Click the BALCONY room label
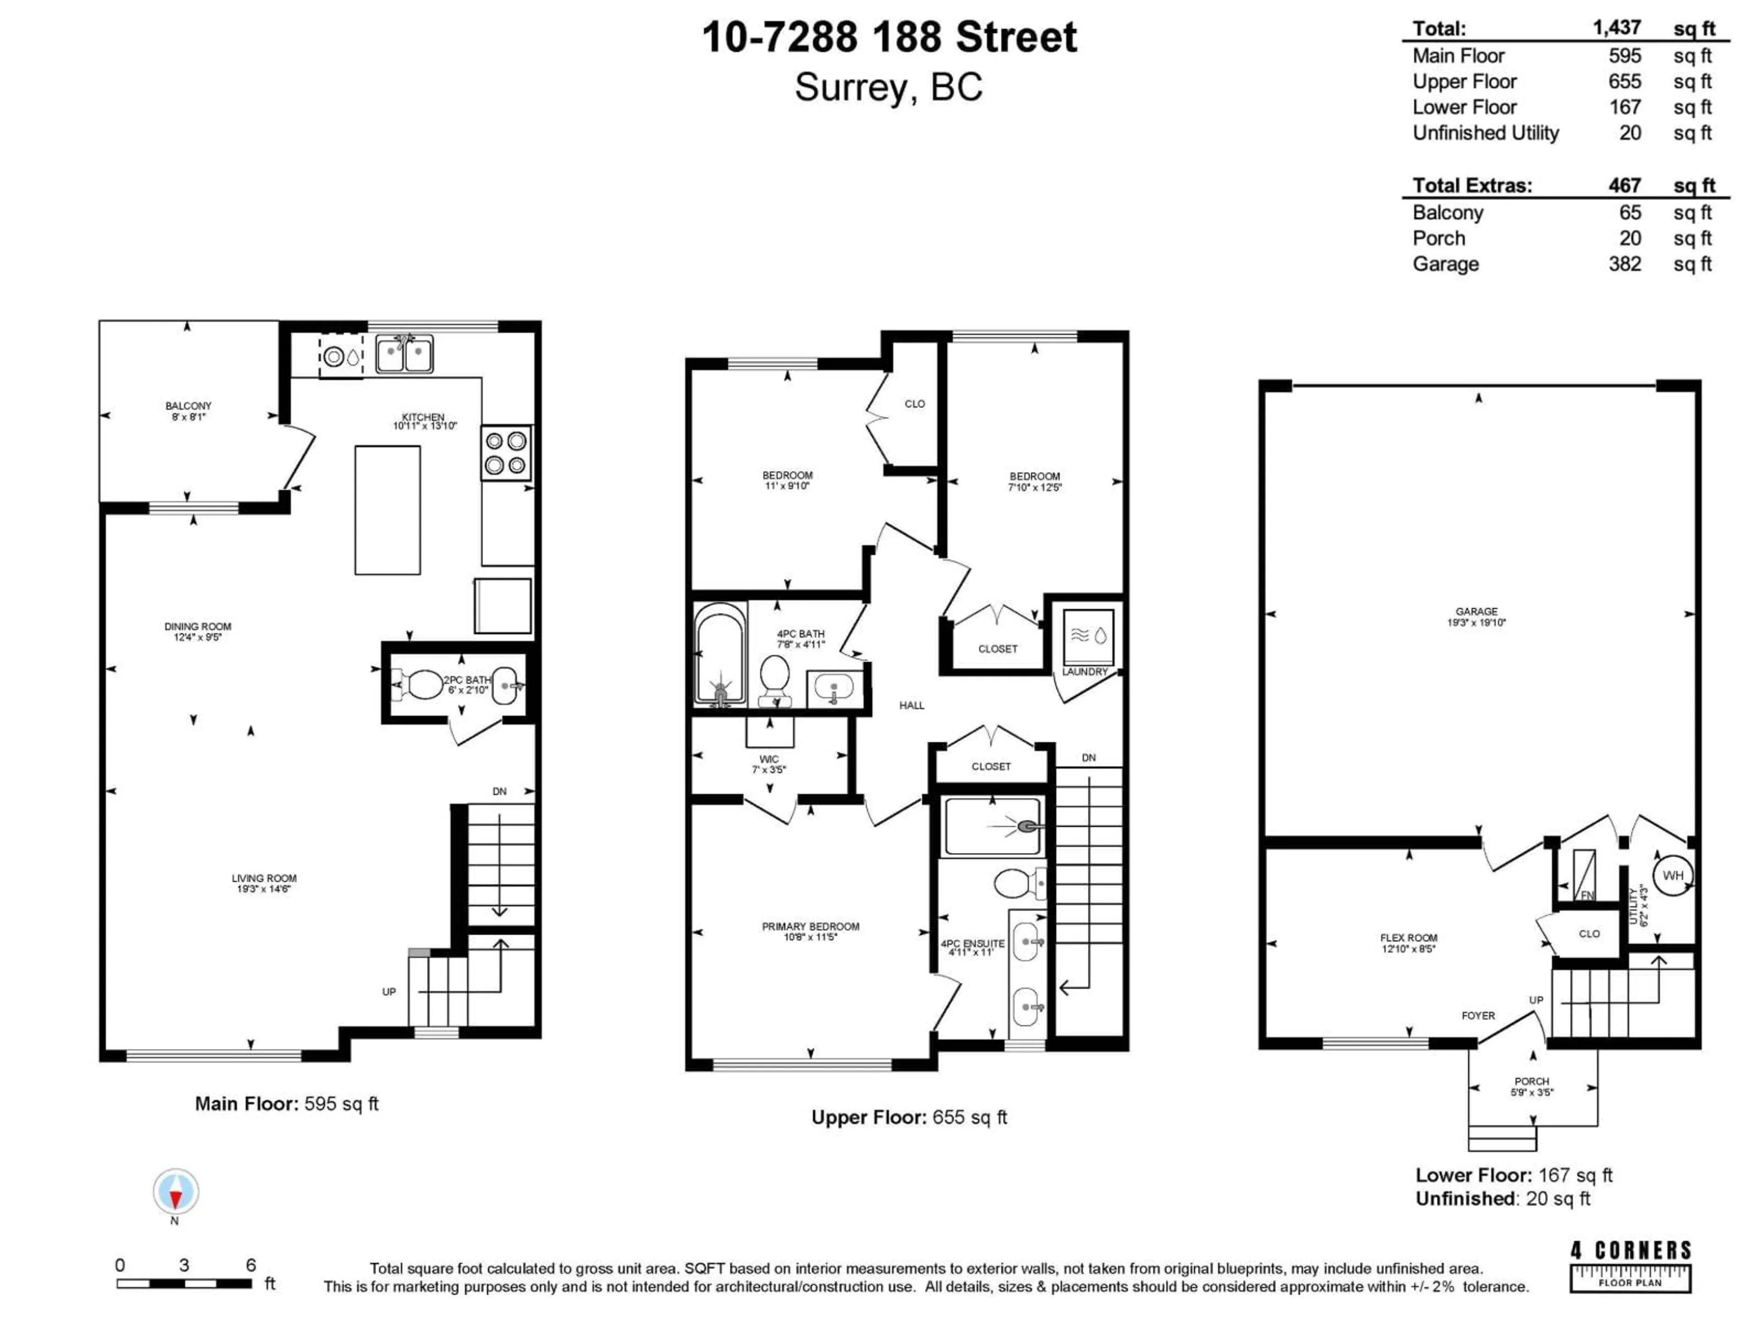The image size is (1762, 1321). [189, 406]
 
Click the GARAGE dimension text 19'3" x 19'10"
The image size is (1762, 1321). [1476, 623]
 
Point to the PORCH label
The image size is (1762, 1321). [1531, 1081]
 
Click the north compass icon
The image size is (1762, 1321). [175, 1192]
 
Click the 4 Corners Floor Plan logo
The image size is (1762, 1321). [1630, 1266]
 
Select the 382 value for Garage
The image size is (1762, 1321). [1624, 264]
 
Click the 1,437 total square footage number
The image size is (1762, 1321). [1616, 28]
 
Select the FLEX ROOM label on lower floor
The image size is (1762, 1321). [1408, 938]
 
